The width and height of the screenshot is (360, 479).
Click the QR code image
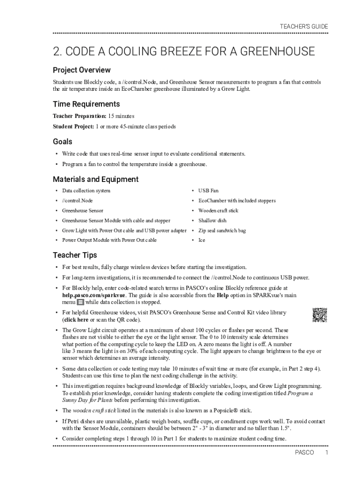click(319, 315)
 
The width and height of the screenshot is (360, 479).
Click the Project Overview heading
click(82, 70)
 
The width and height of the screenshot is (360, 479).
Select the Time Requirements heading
click(86, 104)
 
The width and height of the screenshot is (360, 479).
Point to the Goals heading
click(63, 142)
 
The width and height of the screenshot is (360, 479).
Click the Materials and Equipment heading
click(95, 179)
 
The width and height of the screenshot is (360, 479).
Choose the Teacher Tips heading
click(75, 255)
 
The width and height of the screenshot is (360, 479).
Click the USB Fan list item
click(208, 191)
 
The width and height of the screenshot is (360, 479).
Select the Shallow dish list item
click(212, 220)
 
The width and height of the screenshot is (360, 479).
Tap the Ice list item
click(202, 240)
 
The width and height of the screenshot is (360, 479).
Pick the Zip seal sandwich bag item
click(222, 231)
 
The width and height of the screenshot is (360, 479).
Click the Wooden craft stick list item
click(218, 210)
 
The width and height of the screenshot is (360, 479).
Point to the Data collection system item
click(86, 191)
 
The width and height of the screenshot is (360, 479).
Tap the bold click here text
click(76, 319)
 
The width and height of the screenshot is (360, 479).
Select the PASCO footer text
click(304, 453)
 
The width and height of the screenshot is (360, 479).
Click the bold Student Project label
click(73, 127)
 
